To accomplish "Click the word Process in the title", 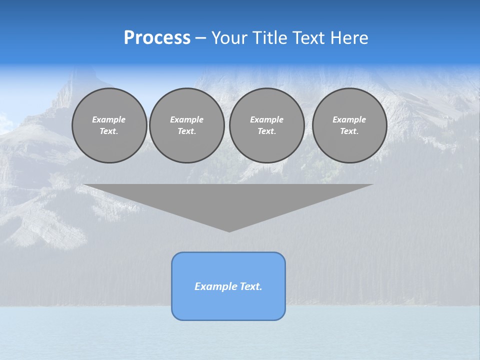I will click(157, 38).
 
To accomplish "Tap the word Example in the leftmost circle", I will click(109, 119).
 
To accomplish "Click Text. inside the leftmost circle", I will click(109, 131).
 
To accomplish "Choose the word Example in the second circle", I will click(186, 119).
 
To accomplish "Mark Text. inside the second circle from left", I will click(186, 131).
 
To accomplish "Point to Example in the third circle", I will click(266, 119).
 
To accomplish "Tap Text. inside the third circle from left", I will click(266, 131).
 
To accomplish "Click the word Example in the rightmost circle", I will click(349, 119).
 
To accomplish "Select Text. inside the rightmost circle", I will click(349, 131).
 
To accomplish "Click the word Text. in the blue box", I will click(250, 286).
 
